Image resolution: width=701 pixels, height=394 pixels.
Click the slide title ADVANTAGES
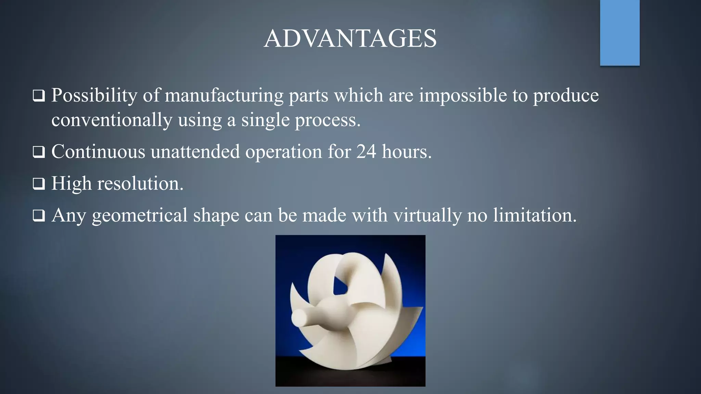coord(350,38)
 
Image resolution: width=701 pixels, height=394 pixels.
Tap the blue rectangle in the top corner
coord(620,32)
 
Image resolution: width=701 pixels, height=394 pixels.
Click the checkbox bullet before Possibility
coord(39,96)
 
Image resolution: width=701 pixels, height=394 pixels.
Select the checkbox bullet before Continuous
coord(39,152)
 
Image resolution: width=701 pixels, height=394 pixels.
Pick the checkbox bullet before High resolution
coord(39,184)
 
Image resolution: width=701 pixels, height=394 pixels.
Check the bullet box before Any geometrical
coord(39,216)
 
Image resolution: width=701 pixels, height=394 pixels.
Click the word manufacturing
coord(224,95)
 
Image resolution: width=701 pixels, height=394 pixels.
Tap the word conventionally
coord(112,120)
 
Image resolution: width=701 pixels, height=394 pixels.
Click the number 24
coord(366,152)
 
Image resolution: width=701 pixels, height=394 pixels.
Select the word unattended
coord(195,152)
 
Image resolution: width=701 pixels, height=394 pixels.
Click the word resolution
coord(140,184)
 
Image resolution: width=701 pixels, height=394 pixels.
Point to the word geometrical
coord(140,216)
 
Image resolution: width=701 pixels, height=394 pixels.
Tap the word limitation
coord(535,215)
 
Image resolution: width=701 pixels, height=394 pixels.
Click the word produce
coord(566,96)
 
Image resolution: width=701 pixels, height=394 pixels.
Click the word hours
coord(407,152)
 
